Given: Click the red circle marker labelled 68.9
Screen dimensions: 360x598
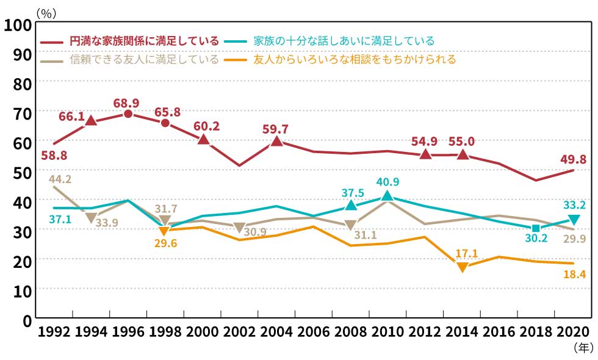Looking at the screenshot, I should (128, 113).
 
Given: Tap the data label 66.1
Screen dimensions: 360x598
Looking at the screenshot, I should (71, 116).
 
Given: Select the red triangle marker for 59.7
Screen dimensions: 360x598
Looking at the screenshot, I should (276, 141).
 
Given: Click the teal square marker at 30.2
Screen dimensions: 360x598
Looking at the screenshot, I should (536, 228).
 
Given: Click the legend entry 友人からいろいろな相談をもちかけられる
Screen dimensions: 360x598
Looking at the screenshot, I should (354, 60).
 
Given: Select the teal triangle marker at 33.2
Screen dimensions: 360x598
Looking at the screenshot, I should (574, 220).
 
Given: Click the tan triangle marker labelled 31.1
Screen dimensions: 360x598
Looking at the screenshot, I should (350, 225).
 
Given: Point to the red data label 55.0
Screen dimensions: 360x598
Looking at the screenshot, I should (462, 142).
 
